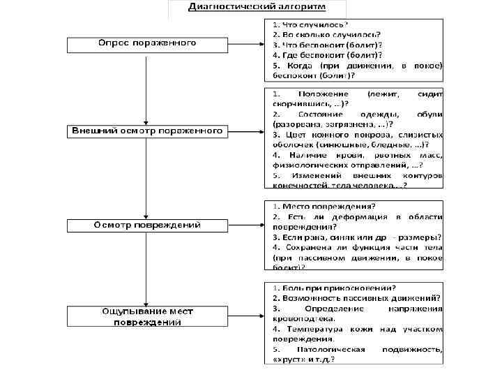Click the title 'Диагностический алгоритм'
coord(257,6)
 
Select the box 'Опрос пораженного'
coord(146,44)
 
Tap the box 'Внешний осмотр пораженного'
coord(146,131)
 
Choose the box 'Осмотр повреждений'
coord(146,226)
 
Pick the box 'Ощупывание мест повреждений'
coord(146,316)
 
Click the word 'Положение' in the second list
coord(321,94)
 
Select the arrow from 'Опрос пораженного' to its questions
coord(245,44)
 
